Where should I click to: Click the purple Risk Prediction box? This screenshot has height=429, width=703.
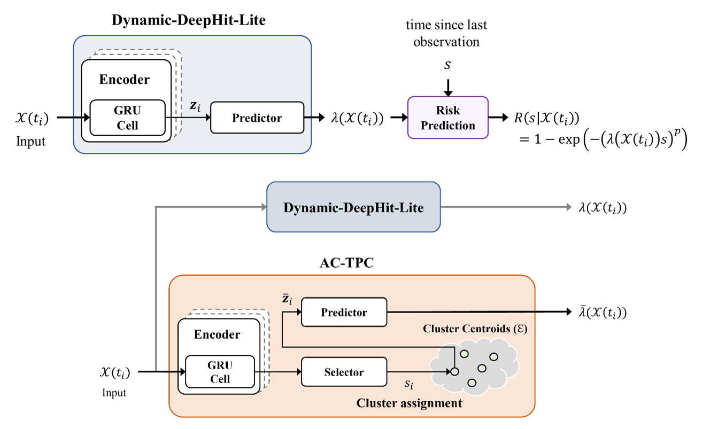click(448, 118)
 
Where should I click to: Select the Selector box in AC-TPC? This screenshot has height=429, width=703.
click(344, 372)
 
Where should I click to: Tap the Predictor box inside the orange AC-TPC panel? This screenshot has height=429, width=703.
click(344, 313)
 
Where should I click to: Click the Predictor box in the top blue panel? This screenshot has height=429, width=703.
click(257, 118)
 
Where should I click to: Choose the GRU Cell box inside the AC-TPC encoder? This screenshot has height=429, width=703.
click(220, 372)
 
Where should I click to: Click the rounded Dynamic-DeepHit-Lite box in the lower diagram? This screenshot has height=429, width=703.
click(353, 207)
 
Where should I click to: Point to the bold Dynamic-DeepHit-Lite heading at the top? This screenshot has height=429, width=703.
click(189, 21)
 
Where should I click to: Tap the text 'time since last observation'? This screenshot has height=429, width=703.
click(446, 33)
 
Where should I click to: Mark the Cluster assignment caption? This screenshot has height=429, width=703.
click(410, 403)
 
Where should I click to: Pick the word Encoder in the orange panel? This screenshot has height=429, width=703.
click(217, 335)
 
